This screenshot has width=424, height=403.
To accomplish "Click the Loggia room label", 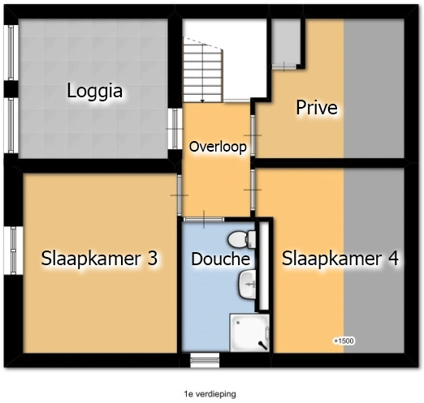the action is click(x=95, y=92).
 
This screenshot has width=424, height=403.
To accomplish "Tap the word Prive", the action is click(x=317, y=108).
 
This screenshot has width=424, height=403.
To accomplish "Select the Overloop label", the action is click(x=218, y=147).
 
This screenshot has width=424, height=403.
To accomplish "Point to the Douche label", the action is click(x=221, y=259).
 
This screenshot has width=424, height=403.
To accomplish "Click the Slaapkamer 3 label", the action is click(x=99, y=259).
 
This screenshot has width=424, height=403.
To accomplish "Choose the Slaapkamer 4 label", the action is click(x=340, y=259).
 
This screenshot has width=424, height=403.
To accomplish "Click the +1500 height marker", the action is click(x=344, y=341).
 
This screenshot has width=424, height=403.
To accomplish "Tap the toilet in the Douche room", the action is click(x=241, y=239).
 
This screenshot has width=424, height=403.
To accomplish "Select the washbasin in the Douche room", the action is click(x=247, y=285).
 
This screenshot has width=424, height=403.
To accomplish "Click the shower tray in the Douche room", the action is click(x=249, y=332).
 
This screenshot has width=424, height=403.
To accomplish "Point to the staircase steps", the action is click(x=203, y=71).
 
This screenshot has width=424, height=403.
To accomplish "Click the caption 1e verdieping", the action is click(x=210, y=394).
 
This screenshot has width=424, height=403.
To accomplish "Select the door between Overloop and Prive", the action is click(x=253, y=135).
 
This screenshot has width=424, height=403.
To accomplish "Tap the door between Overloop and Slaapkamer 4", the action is click(x=253, y=190).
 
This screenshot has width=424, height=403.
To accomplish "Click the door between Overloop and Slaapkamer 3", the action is click(x=180, y=195).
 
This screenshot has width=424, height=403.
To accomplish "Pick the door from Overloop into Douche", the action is click(x=204, y=220).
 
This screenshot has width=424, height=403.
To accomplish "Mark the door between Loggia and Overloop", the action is click(x=175, y=129).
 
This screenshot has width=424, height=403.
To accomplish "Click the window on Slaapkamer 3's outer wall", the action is click(x=13, y=251).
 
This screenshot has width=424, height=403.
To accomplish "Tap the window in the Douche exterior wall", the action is click(x=205, y=360).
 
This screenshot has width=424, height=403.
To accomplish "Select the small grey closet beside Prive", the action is click(x=286, y=42).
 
